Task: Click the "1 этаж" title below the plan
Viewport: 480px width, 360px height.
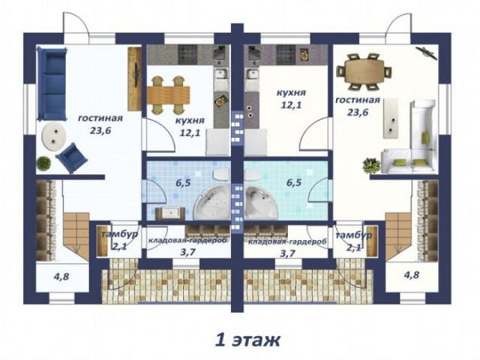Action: click(247, 340)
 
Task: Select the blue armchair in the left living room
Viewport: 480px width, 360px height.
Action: click(72, 158)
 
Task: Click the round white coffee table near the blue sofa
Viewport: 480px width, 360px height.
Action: click(53, 136)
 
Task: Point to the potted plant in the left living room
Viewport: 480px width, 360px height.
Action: click(43, 163)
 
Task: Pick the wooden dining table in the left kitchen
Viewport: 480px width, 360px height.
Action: click(168, 95)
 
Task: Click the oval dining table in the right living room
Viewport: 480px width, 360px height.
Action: click(364, 70)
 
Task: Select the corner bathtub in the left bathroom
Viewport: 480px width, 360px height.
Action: click(212, 202)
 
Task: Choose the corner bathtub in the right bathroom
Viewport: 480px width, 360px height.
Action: click(262, 202)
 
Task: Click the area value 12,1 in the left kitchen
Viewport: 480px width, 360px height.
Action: click(189, 133)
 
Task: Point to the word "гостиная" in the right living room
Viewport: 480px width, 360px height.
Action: click(358, 100)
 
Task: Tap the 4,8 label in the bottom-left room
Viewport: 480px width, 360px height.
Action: click(61, 277)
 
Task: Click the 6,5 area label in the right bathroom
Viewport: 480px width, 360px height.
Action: click(294, 183)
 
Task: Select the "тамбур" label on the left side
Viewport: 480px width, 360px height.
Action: click(119, 235)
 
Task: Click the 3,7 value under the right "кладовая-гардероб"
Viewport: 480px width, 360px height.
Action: click(286, 253)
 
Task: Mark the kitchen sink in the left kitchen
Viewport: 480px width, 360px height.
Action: click(220, 74)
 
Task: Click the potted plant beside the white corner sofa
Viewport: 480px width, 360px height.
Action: click(371, 165)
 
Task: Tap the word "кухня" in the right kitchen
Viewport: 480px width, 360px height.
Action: click(291, 92)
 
